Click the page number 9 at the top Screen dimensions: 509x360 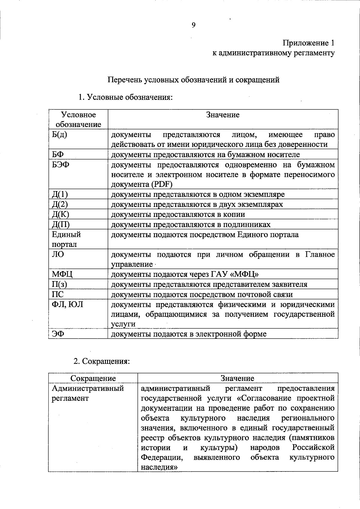coord(193,25)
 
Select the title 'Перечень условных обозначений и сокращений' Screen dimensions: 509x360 coord(193,80)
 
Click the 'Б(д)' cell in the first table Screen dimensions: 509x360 coord(59,134)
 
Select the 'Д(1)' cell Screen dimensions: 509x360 coord(60,194)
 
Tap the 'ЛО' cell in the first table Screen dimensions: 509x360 coord(58,254)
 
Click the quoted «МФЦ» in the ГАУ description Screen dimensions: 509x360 coord(246,274)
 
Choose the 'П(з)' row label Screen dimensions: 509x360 coord(59,284)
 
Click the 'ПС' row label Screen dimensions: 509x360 coord(58,294)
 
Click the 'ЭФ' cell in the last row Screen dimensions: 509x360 coord(58,334)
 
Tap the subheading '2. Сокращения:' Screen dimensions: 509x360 coord(102,361)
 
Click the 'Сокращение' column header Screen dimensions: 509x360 coord(93,379)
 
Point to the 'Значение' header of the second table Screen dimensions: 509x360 coord(237,379)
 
